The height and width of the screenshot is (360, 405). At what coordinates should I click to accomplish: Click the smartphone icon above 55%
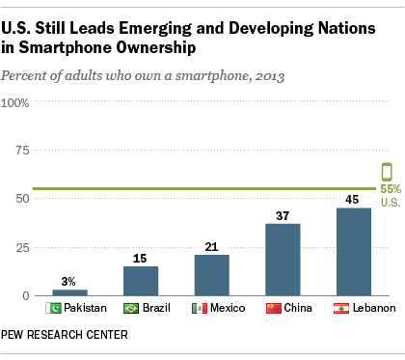pos(388,173)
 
